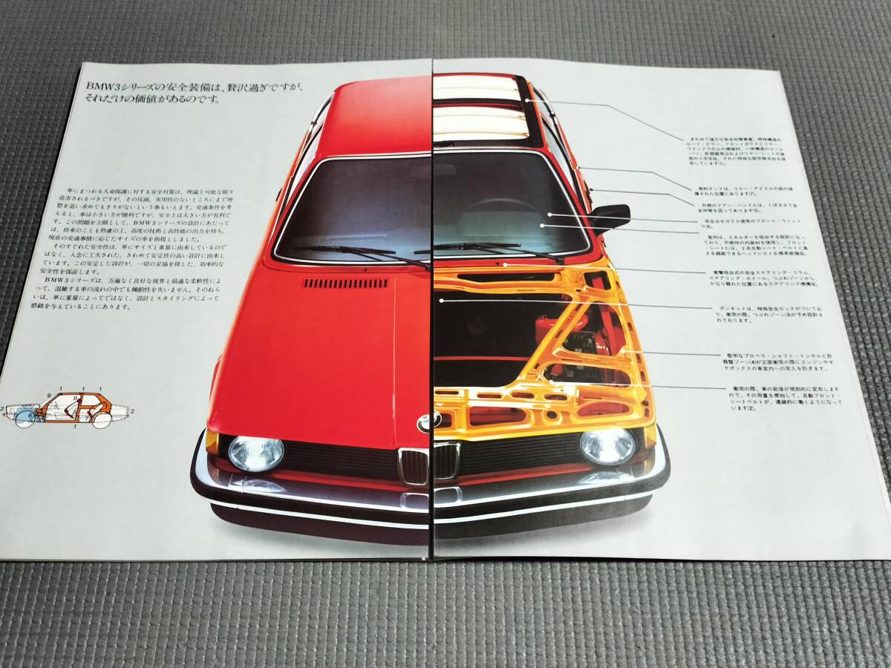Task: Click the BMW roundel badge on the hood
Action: click(429, 422)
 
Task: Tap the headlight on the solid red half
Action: click(255, 453)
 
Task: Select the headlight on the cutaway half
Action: click(607, 445)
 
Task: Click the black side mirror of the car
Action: click(611, 215)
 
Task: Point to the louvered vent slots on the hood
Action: click(345, 283)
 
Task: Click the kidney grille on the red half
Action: click(414, 465)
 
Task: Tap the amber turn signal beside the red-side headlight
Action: click(212, 441)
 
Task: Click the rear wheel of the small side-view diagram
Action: click(101, 419)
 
